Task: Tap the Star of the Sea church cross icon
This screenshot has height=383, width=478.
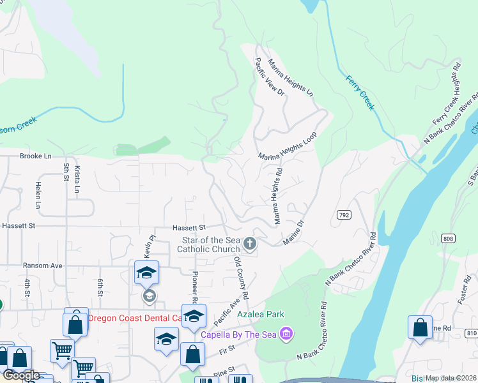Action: pos(250,244)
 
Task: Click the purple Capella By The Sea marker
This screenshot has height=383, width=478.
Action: pos(286,334)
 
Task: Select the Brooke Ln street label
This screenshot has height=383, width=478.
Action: pos(35,156)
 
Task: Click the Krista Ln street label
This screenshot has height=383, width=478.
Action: pos(77,180)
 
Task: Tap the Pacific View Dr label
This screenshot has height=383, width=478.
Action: pos(270,77)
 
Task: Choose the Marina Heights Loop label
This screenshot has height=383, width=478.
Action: pos(288,147)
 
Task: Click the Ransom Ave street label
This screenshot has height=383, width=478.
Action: pos(42,266)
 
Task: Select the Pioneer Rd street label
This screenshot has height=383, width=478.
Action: pos(195,285)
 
